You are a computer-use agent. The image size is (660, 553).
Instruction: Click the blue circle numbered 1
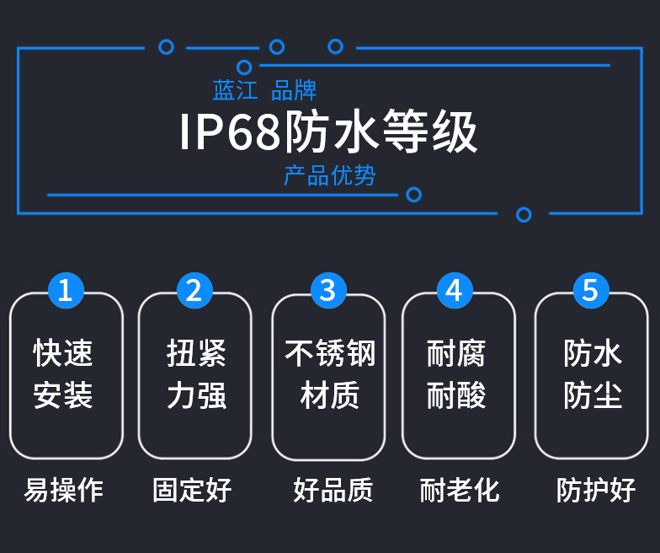click(66, 290)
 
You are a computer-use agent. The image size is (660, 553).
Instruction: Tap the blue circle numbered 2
click(194, 290)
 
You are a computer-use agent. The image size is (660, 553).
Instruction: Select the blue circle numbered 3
click(328, 290)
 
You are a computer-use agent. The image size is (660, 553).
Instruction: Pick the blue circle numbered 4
click(455, 290)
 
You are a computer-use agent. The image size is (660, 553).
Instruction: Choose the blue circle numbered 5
click(590, 290)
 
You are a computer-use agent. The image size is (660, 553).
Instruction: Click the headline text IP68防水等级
click(328, 132)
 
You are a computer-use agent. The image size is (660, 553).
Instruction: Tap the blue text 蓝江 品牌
click(264, 90)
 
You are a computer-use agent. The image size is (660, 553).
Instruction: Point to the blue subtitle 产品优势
click(329, 175)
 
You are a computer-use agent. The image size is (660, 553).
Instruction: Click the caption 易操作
click(64, 490)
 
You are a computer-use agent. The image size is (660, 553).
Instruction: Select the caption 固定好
click(193, 490)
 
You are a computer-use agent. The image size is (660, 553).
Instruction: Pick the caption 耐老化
click(460, 490)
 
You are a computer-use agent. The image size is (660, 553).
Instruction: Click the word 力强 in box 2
click(196, 395)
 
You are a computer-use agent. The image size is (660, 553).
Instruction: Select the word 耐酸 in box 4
click(456, 395)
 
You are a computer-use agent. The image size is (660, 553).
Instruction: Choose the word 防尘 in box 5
click(593, 395)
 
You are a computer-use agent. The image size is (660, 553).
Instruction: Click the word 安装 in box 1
click(63, 395)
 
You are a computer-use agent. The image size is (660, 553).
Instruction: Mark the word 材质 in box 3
click(330, 395)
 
